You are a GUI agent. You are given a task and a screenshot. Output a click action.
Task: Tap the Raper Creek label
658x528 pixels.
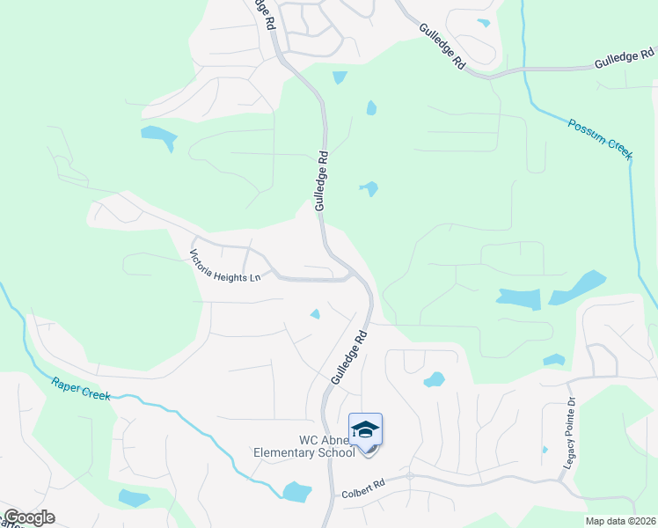[81, 388]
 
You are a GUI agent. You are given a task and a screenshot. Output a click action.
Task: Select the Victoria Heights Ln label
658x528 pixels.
[225, 266]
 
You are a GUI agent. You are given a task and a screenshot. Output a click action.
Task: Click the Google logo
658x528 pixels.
[29, 517]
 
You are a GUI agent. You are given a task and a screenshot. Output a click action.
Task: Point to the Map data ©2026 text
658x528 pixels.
[621, 521]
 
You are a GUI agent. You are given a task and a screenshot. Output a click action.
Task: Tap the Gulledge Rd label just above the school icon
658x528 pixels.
[348, 356]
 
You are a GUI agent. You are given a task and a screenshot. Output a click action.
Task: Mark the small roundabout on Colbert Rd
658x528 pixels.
[410, 476]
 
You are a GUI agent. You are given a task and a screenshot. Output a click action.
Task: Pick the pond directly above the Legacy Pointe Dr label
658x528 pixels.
[553, 360]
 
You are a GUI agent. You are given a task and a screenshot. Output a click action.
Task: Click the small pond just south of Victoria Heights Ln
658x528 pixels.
[315, 314]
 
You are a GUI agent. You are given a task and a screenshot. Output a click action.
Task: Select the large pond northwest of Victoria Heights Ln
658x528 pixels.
[158, 136]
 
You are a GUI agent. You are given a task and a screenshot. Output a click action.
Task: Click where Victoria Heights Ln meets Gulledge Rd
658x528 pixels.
[355, 276]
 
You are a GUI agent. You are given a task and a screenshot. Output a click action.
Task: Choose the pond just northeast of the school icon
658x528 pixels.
[434, 380]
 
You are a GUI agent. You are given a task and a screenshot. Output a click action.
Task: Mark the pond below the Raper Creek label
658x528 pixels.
[134, 497]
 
